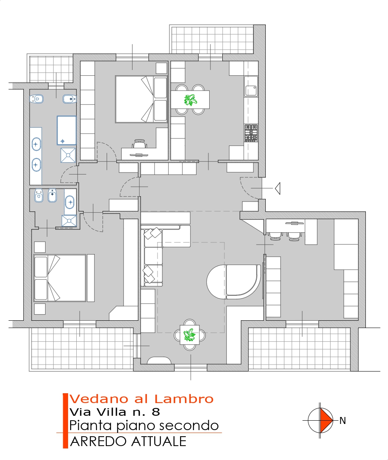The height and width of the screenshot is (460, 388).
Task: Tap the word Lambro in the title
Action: tap(184, 399)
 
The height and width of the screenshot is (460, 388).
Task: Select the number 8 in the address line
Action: tap(156, 412)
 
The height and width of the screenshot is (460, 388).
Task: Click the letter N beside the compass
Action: tap(342, 421)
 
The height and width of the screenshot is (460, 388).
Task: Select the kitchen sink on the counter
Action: tap(251, 91)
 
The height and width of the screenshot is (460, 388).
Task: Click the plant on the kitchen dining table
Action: tap(190, 100)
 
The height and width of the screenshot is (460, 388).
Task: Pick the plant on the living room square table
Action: tap(189, 335)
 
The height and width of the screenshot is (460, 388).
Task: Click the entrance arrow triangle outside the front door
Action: tap(278, 188)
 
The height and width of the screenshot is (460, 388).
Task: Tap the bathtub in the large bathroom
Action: tap(67, 130)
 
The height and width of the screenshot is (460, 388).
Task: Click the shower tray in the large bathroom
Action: tap(68, 155)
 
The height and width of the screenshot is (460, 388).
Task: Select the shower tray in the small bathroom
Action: tap(69, 221)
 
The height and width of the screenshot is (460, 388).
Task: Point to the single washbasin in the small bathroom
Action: tap(70, 202)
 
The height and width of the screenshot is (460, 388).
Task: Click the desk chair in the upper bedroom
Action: tap(139, 144)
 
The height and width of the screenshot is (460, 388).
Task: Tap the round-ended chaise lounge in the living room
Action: tap(233, 282)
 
